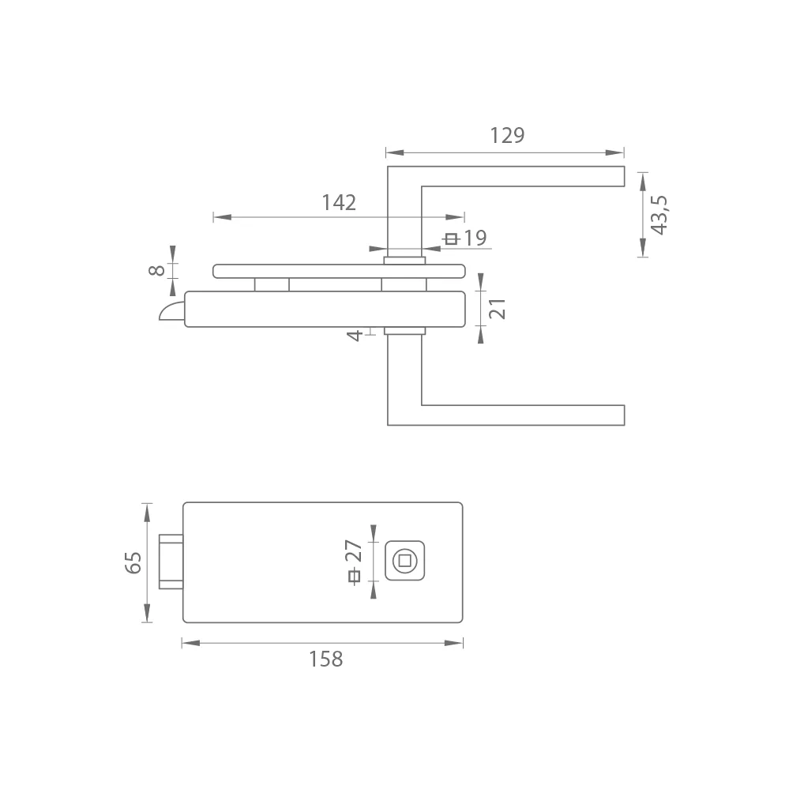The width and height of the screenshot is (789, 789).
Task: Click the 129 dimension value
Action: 507,135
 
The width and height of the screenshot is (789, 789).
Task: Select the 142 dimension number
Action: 339,203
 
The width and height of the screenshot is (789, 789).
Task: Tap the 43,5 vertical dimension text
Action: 659,215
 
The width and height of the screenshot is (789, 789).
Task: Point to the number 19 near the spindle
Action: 475,238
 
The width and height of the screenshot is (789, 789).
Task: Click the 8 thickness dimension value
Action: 157,270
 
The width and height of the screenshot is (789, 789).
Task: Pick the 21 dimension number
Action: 497,309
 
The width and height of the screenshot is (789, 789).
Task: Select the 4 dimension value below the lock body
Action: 355,335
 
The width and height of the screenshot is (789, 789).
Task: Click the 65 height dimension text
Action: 133,562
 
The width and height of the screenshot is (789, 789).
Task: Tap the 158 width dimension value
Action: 325,659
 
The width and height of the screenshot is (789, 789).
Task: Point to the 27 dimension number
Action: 354,551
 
